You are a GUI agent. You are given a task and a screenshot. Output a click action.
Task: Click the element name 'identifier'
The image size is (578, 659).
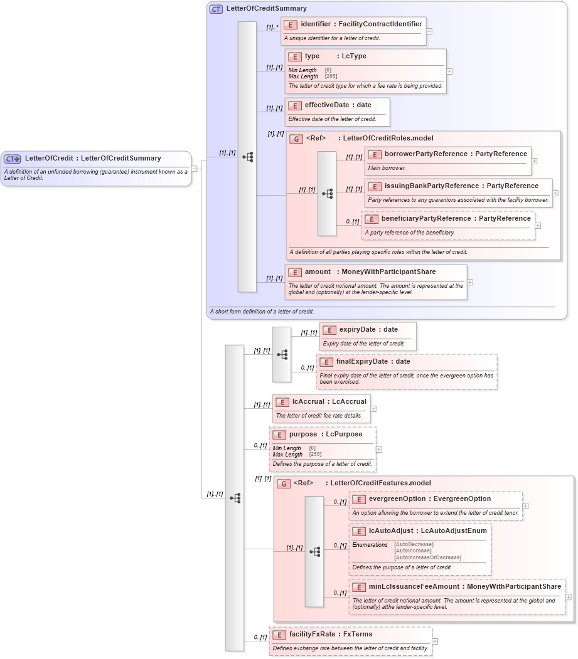pyautogui.click(x=315, y=24)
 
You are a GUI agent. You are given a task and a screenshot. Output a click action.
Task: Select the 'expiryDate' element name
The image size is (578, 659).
pyautogui.click(x=357, y=330)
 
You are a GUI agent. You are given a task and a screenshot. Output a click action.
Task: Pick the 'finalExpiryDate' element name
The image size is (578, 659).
pyautogui.click(x=361, y=362)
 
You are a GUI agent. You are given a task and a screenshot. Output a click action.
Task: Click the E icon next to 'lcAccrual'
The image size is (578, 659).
pyautogui.click(x=282, y=402)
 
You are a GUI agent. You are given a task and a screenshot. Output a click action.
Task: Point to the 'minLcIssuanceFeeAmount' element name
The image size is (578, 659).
pyautogui.click(x=414, y=587)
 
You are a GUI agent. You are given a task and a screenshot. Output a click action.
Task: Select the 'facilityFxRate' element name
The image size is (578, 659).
pyautogui.click(x=312, y=635)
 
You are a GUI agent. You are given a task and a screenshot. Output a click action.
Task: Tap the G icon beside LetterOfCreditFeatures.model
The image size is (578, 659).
pyautogui.click(x=284, y=483)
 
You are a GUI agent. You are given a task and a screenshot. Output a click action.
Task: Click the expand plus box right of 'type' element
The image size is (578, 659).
pyautogui.click(x=449, y=71)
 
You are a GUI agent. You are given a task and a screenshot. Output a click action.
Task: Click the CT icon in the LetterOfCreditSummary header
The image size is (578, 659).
pyautogui.click(x=216, y=9)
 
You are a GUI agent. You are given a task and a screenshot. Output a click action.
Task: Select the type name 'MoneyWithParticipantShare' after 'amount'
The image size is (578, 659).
pyautogui.click(x=388, y=272)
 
